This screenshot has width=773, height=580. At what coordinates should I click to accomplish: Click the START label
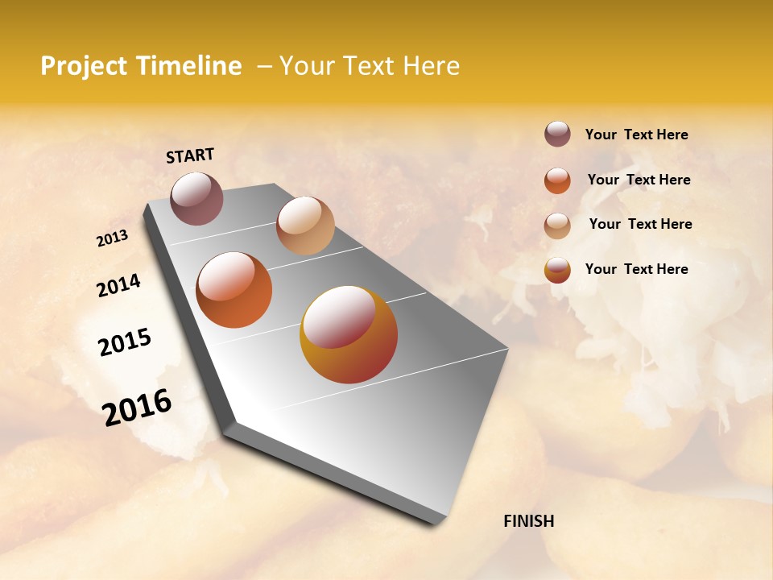coord(190,155)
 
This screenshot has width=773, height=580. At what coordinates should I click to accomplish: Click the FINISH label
coord(528,521)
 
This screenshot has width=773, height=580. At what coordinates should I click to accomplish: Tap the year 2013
coord(112,238)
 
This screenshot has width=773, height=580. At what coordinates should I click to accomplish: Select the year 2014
coord(118,286)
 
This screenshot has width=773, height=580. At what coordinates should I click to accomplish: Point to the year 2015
coord(124,342)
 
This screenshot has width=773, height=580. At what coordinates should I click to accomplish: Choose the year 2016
coord(137,408)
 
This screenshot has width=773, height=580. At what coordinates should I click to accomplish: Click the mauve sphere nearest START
coord(196,198)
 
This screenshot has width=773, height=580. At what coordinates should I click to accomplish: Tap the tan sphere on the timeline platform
coord(305,226)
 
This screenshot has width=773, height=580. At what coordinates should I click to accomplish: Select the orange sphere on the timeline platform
coord(234,289)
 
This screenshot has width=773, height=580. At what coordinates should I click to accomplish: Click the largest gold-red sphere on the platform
coord(349,334)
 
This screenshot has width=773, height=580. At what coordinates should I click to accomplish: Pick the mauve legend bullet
coord(557,134)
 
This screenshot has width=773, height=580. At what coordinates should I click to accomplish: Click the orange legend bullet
coord(557,180)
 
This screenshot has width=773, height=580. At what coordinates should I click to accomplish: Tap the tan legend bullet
coord(557,226)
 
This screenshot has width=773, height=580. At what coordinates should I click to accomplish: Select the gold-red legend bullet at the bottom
coord(557,270)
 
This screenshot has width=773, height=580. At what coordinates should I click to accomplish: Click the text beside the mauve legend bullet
coord(636,135)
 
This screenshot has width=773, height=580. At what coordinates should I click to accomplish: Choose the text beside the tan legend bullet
coord(640,224)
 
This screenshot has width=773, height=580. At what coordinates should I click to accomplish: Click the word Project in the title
coord(84,66)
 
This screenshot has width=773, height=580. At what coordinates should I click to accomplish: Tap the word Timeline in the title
coord(189,66)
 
